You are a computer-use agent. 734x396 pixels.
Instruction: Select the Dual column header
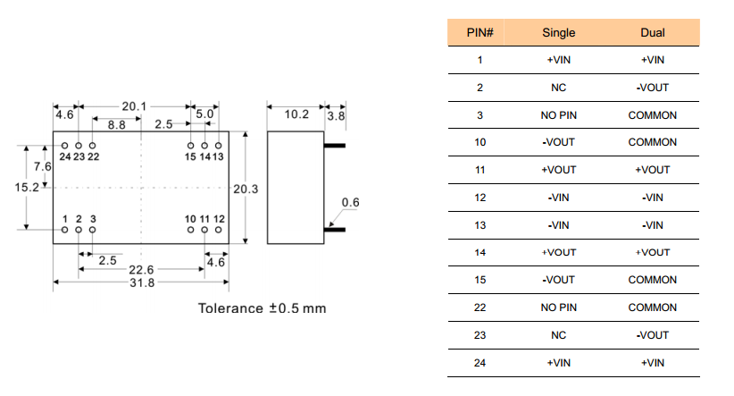[x=652, y=33]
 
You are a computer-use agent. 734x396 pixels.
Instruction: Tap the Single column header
[x=559, y=33]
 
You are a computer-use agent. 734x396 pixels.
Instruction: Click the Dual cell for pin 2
[x=652, y=88]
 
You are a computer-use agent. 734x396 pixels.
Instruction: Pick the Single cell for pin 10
[x=559, y=142]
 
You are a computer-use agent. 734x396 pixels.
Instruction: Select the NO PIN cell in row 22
[x=559, y=308]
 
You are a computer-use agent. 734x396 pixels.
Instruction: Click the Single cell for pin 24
[x=559, y=362]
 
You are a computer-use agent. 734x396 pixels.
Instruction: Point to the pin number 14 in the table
[x=480, y=253]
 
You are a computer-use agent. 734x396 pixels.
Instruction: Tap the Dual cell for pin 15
[x=652, y=280]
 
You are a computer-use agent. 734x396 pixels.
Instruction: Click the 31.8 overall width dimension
[x=141, y=282]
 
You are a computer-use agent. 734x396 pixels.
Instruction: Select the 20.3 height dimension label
[x=245, y=189]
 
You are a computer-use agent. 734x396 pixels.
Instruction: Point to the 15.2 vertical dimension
[x=25, y=188]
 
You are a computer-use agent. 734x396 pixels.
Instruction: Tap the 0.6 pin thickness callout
[x=350, y=203]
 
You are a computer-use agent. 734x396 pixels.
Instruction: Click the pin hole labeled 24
[x=64, y=145]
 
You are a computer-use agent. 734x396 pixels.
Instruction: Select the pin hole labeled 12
[x=219, y=231]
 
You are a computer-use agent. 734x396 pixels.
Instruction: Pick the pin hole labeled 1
[x=64, y=231]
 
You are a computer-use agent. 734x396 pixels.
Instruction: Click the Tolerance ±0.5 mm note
[x=262, y=309]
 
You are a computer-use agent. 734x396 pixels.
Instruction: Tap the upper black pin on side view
[x=334, y=144]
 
